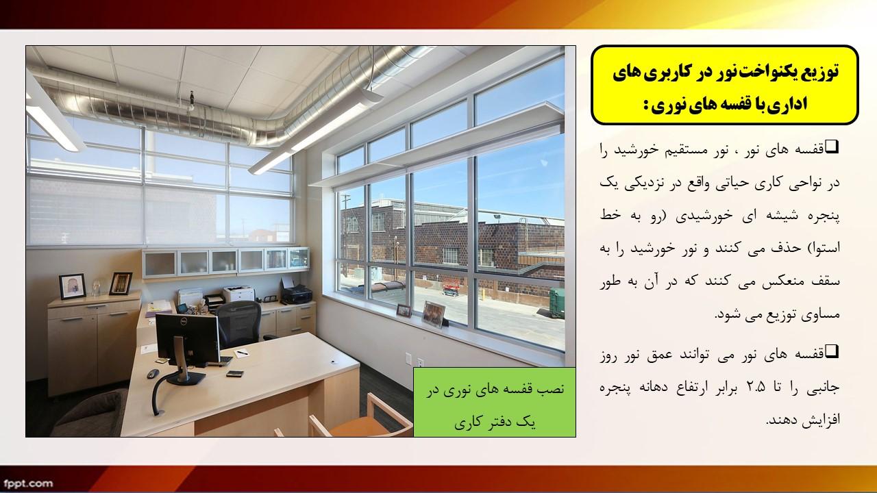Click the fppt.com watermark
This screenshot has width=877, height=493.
click(28, 483)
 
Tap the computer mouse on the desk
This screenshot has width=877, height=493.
click(153, 373)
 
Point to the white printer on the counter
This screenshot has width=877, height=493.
click(239, 294)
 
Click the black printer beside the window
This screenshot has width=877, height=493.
click(297, 294)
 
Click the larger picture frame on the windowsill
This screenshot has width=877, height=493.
click(434, 314)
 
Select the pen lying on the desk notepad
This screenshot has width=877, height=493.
click(242, 353)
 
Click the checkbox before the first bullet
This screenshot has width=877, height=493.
click(832, 147)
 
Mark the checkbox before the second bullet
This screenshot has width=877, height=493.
click(832, 351)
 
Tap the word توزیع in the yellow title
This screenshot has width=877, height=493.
click(822, 72)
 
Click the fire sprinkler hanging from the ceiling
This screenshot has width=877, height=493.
click(191, 100)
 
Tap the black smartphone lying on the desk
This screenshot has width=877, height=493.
click(235, 374)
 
